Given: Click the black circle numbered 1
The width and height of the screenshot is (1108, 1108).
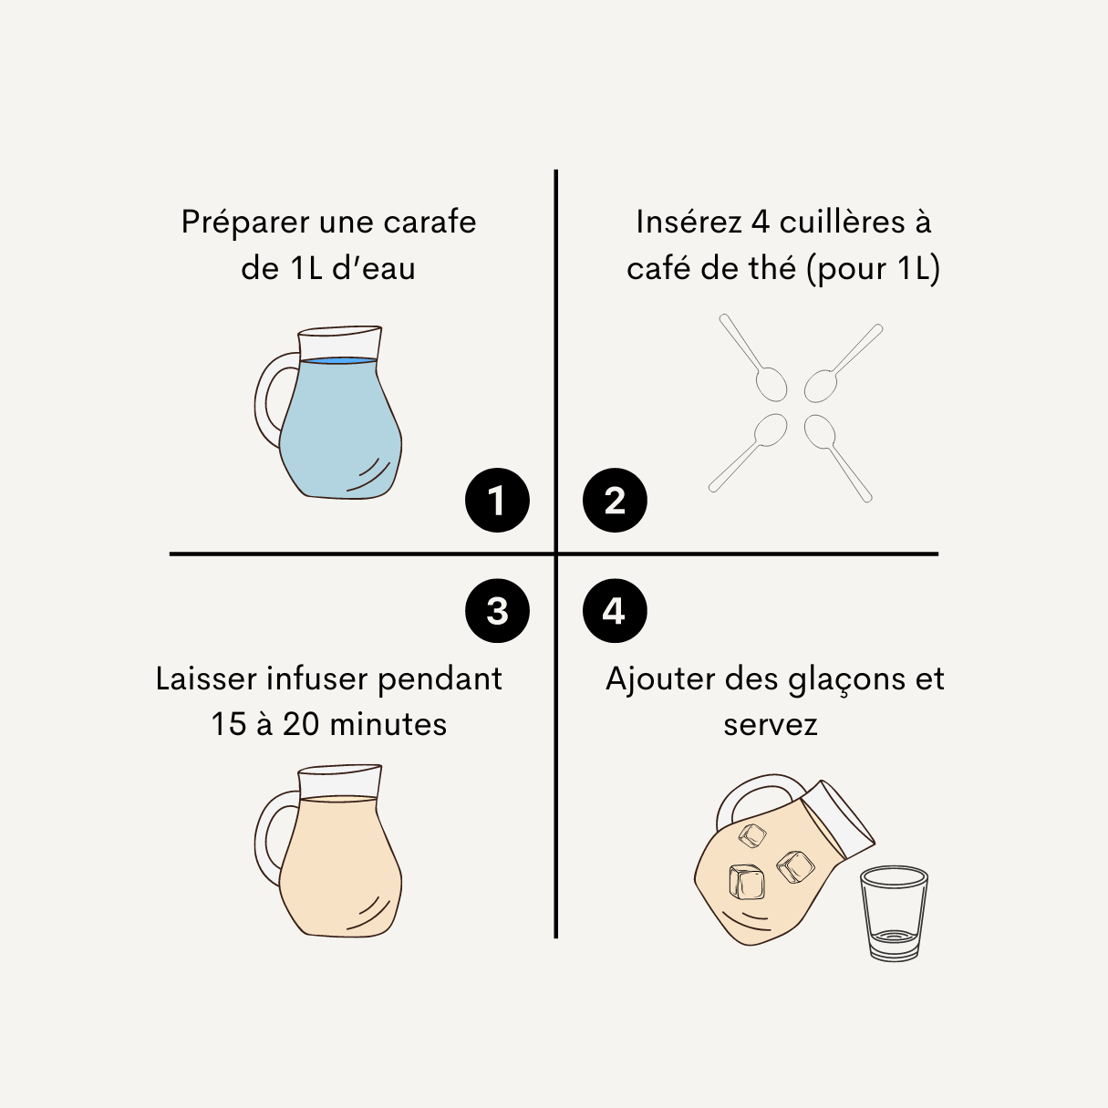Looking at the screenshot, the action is click(x=497, y=500).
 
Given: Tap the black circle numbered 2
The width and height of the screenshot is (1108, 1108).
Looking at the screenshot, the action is click(x=615, y=500).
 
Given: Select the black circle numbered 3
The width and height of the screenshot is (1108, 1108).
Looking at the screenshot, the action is click(x=497, y=611).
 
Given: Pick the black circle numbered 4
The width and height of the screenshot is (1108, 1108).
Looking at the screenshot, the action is click(x=615, y=611).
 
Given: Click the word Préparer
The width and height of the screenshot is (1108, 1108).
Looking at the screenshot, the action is click(x=245, y=223).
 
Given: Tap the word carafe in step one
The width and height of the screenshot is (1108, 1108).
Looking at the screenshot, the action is click(x=430, y=222).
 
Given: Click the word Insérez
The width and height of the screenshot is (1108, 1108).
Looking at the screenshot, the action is click(x=689, y=222).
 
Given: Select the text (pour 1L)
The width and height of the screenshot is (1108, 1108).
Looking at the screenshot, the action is click(x=874, y=269).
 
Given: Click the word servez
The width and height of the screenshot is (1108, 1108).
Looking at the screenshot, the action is click(x=771, y=725).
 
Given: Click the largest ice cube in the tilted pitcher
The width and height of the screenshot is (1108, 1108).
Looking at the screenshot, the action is click(x=747, y=882).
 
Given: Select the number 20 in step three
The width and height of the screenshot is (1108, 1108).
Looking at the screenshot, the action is click(x=301, y=724).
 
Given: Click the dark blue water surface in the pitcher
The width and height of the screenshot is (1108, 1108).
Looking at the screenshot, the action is click(x=339, y=360).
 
